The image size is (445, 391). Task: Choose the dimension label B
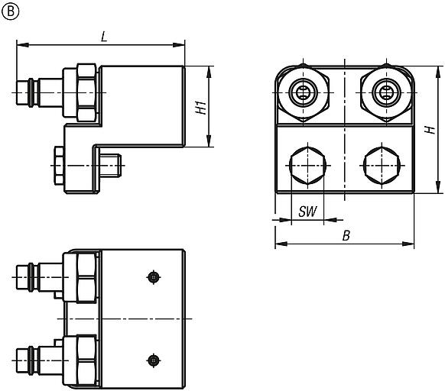coord(346,236)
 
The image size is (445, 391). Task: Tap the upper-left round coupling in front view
coord(304,94)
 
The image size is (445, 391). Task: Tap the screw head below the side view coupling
coord(58,163)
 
